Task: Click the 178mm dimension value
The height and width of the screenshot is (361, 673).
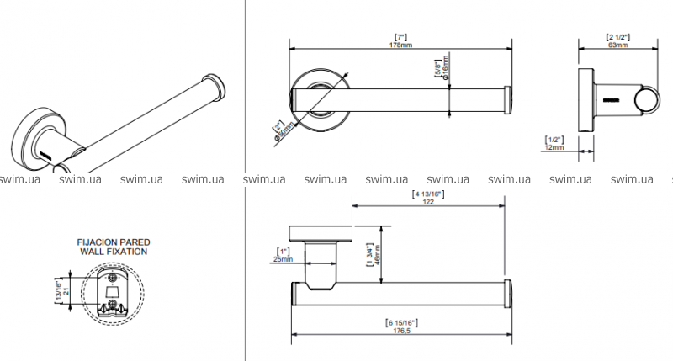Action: coord(401,45)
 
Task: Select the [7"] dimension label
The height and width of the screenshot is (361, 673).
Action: coord(401,35)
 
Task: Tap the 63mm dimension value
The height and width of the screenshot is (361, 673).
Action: coord(618,45)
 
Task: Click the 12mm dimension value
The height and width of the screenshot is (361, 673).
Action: coord(554,147)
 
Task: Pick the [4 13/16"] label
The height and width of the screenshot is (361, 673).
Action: coord(427,194)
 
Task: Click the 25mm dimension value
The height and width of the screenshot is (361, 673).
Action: coord(284,260)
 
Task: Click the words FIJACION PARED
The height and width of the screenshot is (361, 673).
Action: coord(113,242)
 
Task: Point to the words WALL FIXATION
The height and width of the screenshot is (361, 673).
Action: coord(113,252)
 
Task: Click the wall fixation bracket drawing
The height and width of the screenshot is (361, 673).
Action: coord(112,295)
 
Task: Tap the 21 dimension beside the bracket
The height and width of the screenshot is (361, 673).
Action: coord(66,294)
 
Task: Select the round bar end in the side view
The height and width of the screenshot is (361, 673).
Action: coord(646,101)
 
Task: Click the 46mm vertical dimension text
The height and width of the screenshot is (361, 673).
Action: coord(377,253)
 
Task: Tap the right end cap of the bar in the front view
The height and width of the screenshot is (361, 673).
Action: coord(506,99)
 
